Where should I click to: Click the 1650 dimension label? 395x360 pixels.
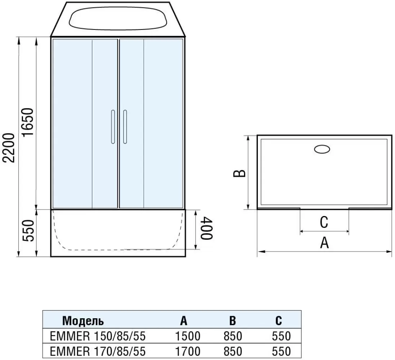point(28,122)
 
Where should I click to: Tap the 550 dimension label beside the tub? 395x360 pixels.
point(28,231)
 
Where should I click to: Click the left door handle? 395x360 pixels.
point(113,127)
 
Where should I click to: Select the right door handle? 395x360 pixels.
point(125,127)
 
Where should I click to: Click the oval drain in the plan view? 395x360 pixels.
point(322,149)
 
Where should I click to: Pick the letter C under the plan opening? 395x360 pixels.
point(324,222)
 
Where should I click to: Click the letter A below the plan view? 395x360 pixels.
point(324,243)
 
